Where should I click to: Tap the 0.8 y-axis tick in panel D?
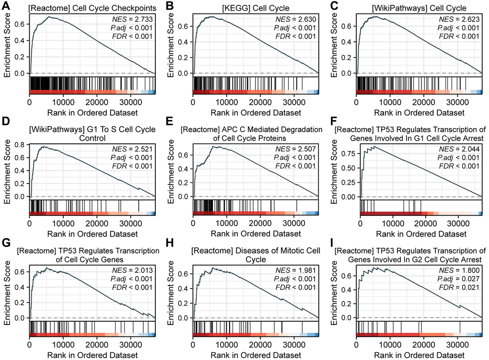point(21,143)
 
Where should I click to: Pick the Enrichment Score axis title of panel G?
point(6,290)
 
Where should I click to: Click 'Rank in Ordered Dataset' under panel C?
point(419,113)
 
